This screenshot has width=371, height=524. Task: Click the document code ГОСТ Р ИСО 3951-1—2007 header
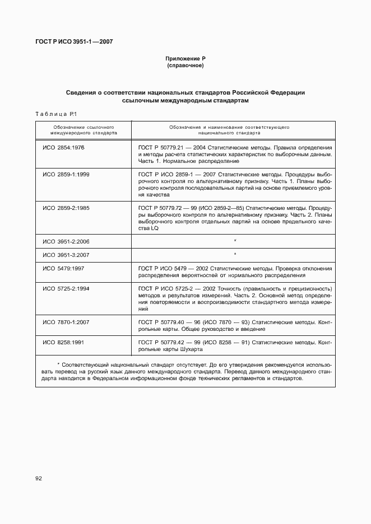point(75,41)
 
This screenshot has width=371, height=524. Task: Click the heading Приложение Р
point(185,59)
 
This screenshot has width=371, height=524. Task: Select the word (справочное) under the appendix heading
point(185,66)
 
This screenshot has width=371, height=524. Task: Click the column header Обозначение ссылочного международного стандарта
point(83,131)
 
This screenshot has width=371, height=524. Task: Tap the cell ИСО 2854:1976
point(63,147)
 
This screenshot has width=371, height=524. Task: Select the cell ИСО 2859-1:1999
point(66,175)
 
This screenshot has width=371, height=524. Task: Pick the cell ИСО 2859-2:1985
point(66,208)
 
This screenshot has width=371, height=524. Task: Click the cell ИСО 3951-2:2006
point(66,241)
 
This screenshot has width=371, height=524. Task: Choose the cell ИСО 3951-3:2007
point(66,255)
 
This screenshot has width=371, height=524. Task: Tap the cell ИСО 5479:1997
point(63,269)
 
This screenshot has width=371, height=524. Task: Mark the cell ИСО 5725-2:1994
point(66,288)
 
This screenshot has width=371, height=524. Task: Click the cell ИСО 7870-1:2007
point(66,322)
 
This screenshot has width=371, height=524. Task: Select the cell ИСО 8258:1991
point(63,341)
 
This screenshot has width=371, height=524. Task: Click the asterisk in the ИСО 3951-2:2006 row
point(235,241)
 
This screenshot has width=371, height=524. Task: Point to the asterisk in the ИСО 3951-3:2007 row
point(235,255)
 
